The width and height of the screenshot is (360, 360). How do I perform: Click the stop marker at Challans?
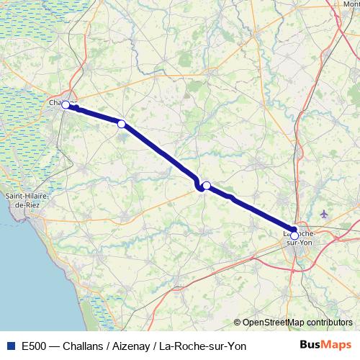click(x=66, y=105)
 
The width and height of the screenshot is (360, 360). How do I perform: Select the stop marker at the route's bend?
click(x=207, y=186)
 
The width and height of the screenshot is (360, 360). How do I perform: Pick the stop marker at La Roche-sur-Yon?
click(x=294, y=235)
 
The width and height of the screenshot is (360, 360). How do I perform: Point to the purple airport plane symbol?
click(x=323, y=214)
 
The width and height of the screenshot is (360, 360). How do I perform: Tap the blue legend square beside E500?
click(x=9, y=346)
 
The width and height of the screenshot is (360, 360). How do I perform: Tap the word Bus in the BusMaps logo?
click(x=312, y=346)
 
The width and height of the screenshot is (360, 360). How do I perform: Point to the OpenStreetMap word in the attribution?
click(x=274, y=323)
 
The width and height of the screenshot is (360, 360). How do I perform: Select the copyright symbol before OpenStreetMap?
click(x=238, y=323)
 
